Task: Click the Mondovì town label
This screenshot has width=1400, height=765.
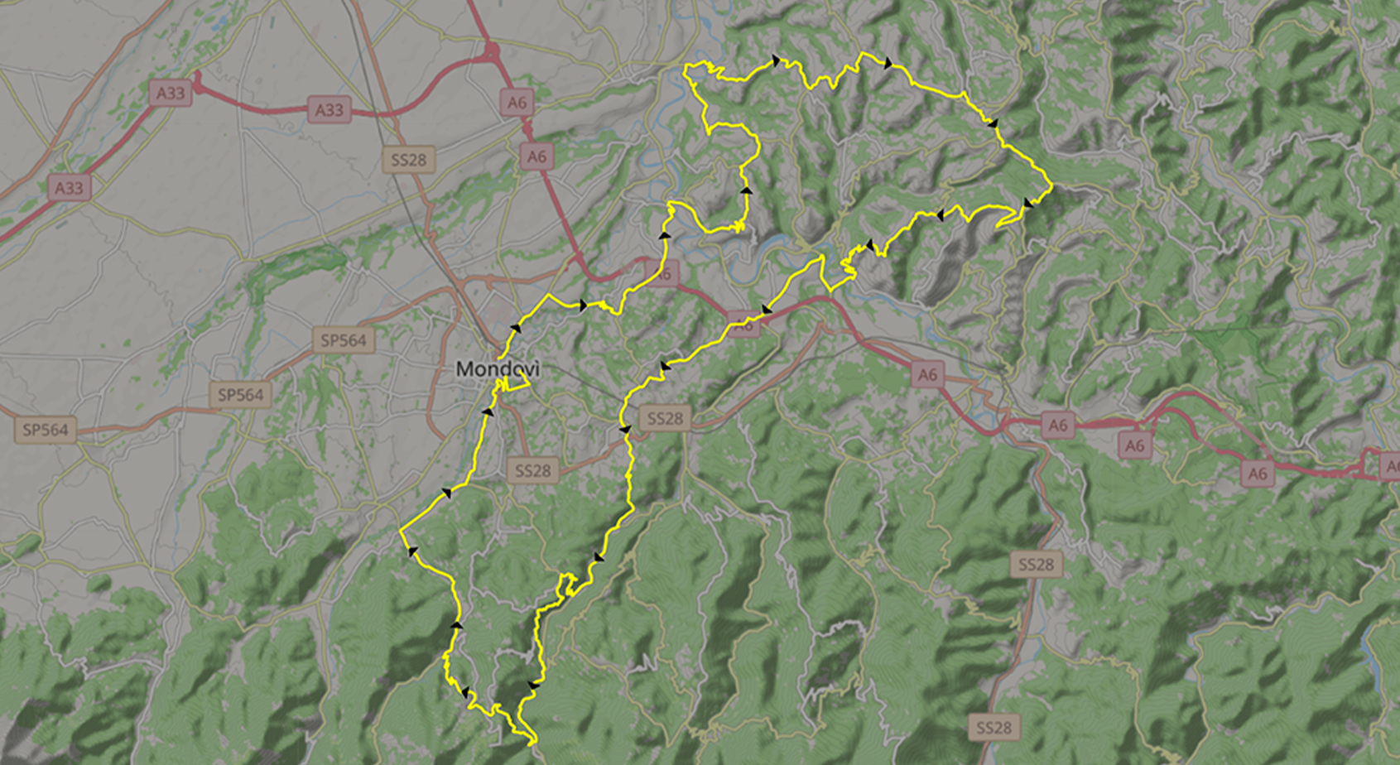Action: tap(497, 368)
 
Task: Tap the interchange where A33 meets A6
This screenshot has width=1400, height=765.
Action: tap(492, 54)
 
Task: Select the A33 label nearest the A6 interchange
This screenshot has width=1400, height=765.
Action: tap(329, 109)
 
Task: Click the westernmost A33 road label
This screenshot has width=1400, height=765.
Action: tap(69, 188)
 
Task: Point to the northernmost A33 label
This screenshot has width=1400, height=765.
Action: tap(171, 92)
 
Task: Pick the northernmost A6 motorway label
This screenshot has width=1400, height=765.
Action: tap(517, 103)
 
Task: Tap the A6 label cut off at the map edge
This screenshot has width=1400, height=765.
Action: tap(1391, 467)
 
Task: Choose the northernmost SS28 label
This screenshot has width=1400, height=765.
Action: tap(409, 160)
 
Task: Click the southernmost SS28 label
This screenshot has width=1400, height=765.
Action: tap(993, 728)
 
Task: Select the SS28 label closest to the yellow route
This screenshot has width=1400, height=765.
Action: tap(665, 419)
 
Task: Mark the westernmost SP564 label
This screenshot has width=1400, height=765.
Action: tap(46, 430)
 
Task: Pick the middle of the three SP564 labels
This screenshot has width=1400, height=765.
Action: tap(240, 395)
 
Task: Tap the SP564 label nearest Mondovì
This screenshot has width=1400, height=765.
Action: tap(344, 340)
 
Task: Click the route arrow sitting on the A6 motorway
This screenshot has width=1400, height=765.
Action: tap(767, 310)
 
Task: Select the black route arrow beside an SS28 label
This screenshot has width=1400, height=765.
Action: tap(625, 430)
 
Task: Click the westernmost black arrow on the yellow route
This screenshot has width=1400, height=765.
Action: tap(412, 551)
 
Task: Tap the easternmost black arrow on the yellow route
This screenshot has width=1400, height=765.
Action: tap(1027, 203)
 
